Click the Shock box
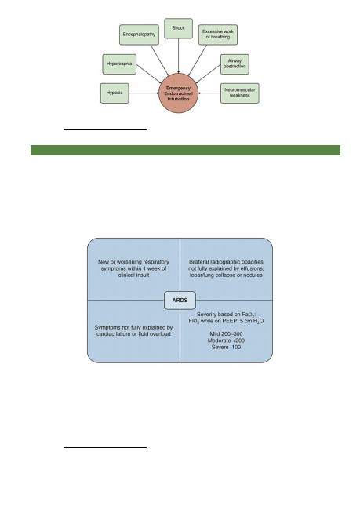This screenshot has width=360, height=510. (178, 28)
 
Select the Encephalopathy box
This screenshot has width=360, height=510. (139, 35)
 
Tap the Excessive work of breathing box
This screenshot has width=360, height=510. (218, 35)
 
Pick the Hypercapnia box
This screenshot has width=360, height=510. (119, 64)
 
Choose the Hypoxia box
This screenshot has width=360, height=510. (115, 93)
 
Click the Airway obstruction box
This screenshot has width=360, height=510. (235, 64)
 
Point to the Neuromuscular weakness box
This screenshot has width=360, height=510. (240, 93)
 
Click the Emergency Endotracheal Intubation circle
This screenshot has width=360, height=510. (178, 93)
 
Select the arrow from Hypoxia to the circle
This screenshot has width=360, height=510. (144, 93)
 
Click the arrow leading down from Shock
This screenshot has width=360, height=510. (178, 56)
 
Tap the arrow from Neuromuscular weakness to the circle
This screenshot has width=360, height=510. (209, 93)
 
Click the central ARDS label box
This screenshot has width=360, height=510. (180, 301)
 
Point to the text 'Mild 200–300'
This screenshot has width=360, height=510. (226, 334)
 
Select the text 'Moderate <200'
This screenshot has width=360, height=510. (226, 341)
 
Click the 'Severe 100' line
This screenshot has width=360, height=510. (226, 347)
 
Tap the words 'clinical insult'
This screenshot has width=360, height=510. (133, 275)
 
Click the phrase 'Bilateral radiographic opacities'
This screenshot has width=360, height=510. (226, 262)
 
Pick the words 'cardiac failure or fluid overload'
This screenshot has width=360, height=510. (133, 334)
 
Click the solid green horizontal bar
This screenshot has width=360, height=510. (185, 151)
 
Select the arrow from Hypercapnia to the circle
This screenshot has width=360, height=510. (148, 74)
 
